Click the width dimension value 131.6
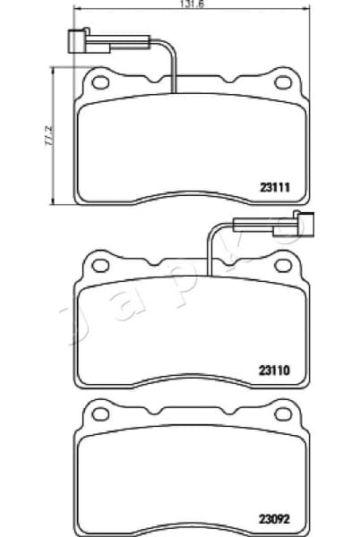click(184, 4)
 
